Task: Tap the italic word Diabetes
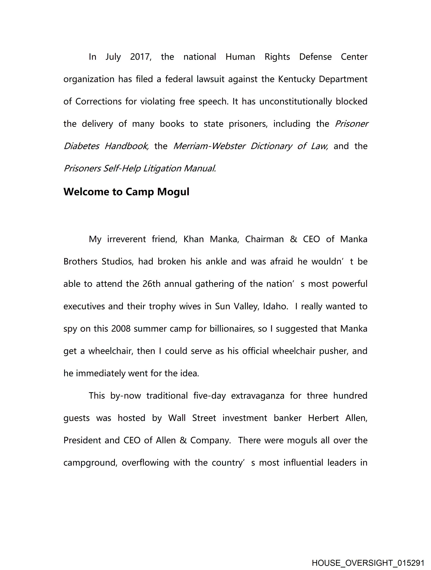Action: (81, 146)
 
